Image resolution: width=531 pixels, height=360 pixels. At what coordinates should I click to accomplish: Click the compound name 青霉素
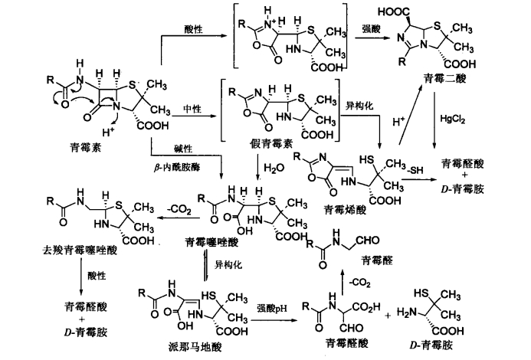click(85, 148)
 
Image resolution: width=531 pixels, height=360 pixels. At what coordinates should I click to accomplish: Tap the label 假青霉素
click(271, 144)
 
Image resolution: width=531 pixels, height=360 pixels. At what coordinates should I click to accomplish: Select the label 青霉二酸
click(444, 79)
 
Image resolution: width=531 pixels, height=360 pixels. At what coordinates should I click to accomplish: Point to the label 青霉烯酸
click(345, 211)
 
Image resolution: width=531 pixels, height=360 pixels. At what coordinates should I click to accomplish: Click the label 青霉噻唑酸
click(211, 242)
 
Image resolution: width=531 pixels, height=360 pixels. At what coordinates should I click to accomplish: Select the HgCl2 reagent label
click(452, 119)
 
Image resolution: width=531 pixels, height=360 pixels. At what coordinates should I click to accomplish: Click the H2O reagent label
click(274, 168)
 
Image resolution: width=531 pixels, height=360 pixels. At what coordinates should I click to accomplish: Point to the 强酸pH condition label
click(272, 309)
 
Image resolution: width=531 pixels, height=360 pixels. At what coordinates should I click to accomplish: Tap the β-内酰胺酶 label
click(177, 167)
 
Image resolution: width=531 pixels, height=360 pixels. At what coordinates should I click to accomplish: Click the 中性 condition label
click(192, 109)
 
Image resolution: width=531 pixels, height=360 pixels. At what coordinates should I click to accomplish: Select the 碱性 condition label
click(183, 149)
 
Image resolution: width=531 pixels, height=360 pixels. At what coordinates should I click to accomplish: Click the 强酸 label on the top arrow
click(371, 29)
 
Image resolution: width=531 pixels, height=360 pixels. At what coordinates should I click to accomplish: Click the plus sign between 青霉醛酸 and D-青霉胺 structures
click(388, 316)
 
